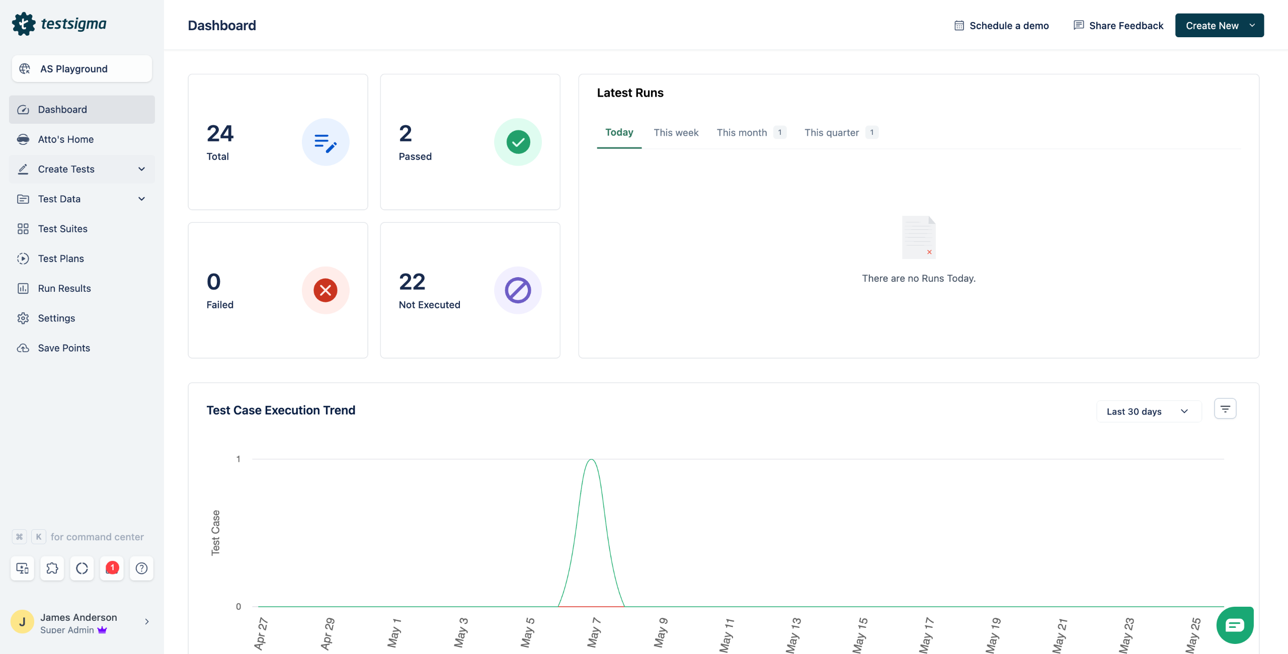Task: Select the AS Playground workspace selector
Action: [82, 69]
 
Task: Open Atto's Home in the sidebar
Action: [65, 139]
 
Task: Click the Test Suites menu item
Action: [62, 229]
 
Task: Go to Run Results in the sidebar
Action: [64, 288]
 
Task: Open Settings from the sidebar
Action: [56, 318]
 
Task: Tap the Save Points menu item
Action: [64, 348]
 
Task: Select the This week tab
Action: [676, 133]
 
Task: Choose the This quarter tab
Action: [831, 133]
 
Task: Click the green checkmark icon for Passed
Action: [518, 142]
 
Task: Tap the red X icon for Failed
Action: [326, 290]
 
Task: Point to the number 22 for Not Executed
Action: [412, 282]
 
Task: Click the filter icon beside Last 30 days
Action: [1225, 409]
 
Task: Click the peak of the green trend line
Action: [592, 460]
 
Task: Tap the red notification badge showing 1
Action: [112, 568]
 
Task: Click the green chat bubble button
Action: [1235, 625]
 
